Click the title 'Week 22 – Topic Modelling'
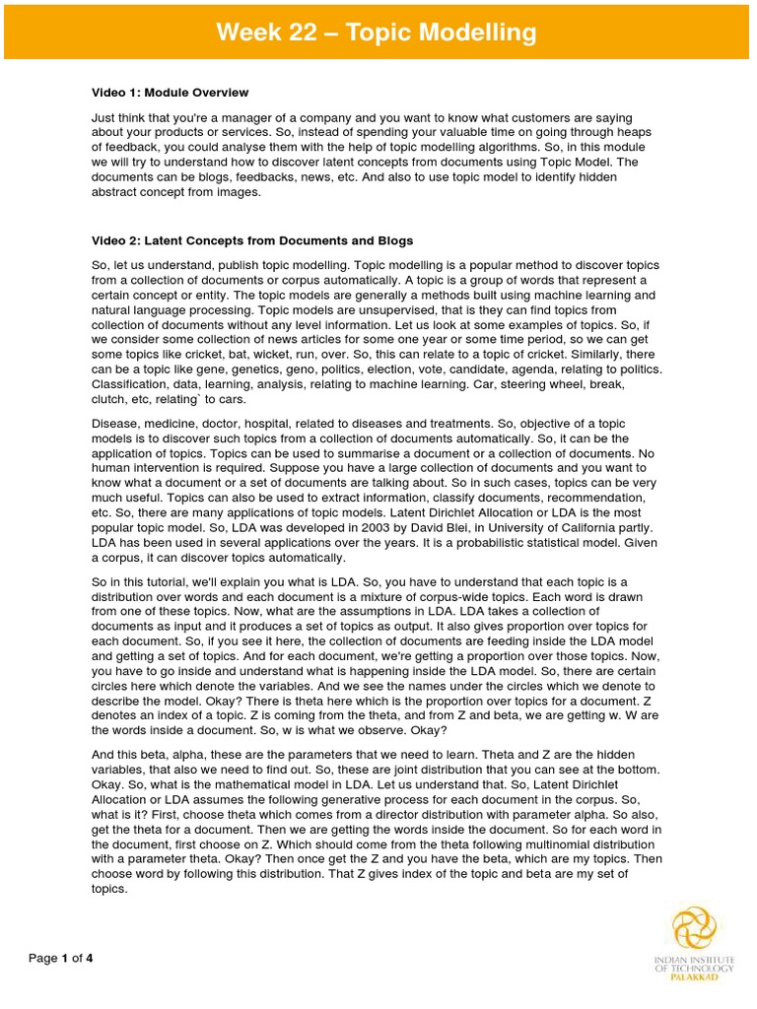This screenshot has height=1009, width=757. (x=378, y=33)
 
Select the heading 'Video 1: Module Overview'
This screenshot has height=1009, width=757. (x=170, y=93)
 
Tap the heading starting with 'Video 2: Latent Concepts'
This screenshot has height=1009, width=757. (x=251, y=240)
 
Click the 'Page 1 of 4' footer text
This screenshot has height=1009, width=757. (x=60, y=958)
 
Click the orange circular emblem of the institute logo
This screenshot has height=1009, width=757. (x=695, y=928)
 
